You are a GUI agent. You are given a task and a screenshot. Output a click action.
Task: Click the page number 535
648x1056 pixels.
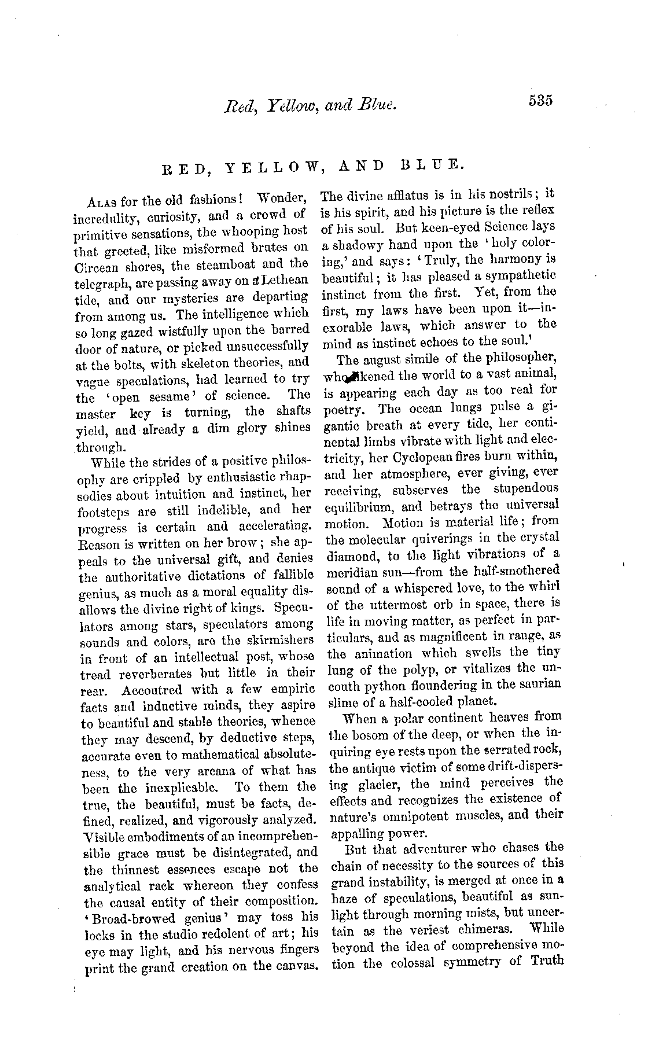[540, 100]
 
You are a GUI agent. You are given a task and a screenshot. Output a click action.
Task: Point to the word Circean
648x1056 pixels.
[97, 264]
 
